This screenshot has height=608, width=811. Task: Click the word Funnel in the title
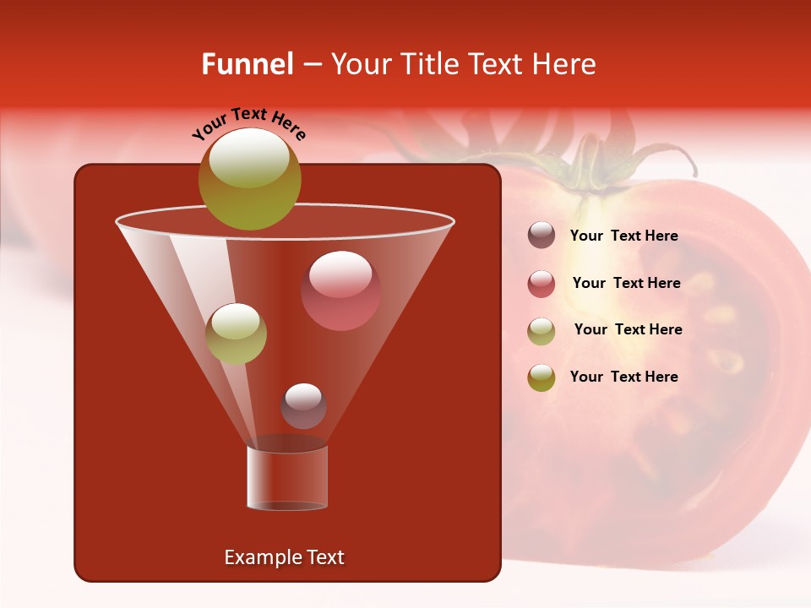tap(247, 64)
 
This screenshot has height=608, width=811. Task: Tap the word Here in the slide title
tap(565, 64)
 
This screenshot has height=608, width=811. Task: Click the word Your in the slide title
tap(358, 64)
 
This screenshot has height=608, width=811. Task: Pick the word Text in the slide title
tap(498, 64)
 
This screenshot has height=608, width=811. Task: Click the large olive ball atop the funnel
tap(250, 179)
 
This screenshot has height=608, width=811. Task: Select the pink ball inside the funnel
tap(340, 290)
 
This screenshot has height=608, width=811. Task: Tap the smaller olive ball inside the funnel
tap(236, 334)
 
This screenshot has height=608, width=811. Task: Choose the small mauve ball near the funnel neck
tap(303, 406)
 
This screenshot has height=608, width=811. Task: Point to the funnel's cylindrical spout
tap(287, 478)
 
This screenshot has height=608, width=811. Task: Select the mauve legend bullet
tap(542, 236)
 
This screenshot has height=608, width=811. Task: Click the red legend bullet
tap(542, 284)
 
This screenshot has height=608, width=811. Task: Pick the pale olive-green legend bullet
tap(542, 331)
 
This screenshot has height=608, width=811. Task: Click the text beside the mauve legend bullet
tap(624, 236)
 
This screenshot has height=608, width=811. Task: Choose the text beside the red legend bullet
tap(626, 283)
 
